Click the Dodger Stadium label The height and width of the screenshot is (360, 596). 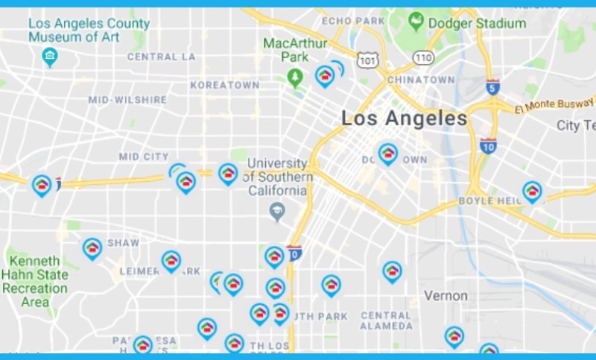click(x=477, y=24)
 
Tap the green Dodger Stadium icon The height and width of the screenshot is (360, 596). click(x=416, y=23)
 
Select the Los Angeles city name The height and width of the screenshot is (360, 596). click(x=405, y=118)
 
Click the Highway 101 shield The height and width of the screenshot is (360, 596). click(x=367, y=59)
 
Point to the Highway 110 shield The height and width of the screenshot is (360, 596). click(x=423, y=57)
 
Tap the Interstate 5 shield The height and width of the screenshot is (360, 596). click(x=492, y=87)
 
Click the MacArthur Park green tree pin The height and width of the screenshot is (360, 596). click(x=296, y=77)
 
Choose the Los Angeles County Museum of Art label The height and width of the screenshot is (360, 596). click(x=89, y=31)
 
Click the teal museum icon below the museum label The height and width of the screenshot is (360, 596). click(x=50, y=56)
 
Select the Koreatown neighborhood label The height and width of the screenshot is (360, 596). click(x=224, y=86)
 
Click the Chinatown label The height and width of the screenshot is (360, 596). click(x=421, y=80)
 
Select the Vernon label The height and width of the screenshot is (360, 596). click(x=446, y=296)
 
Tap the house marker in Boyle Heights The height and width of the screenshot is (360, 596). click(x=532, y=192)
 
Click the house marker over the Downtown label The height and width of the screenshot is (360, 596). click(x=387, y=154)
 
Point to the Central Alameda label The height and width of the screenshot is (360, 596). click(x=386, y=321)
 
